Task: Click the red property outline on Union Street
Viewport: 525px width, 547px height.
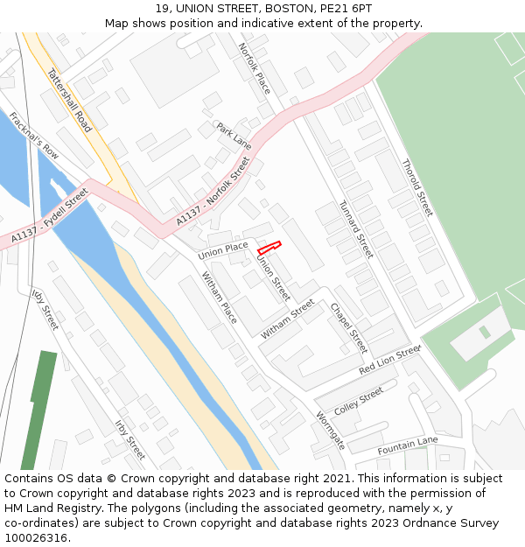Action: (x=269, y=248)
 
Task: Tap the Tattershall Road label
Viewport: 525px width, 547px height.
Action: (x=69, y=101)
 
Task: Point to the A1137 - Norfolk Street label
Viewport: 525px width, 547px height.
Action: (x=213, y=193)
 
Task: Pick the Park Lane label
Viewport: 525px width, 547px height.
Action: (x=234, y=135)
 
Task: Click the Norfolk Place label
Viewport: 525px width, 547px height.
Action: (x=255, y=69)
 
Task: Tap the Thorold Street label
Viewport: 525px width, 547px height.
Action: (x=417, y=187)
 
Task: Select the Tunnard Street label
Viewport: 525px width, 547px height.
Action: (x=356, y=228)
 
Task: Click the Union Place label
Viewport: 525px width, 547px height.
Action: (x=223, y=249)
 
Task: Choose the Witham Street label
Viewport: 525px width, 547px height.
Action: (x=287, y=319)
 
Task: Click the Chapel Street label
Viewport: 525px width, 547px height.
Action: (x=348, y=328)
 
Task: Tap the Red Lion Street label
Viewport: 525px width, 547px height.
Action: (x=389, y=360)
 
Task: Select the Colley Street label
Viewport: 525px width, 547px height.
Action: (x=359, y=401)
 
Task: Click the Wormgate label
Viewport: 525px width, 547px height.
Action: (x=330, y=431)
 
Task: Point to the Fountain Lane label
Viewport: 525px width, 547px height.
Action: (x=408, y=445)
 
